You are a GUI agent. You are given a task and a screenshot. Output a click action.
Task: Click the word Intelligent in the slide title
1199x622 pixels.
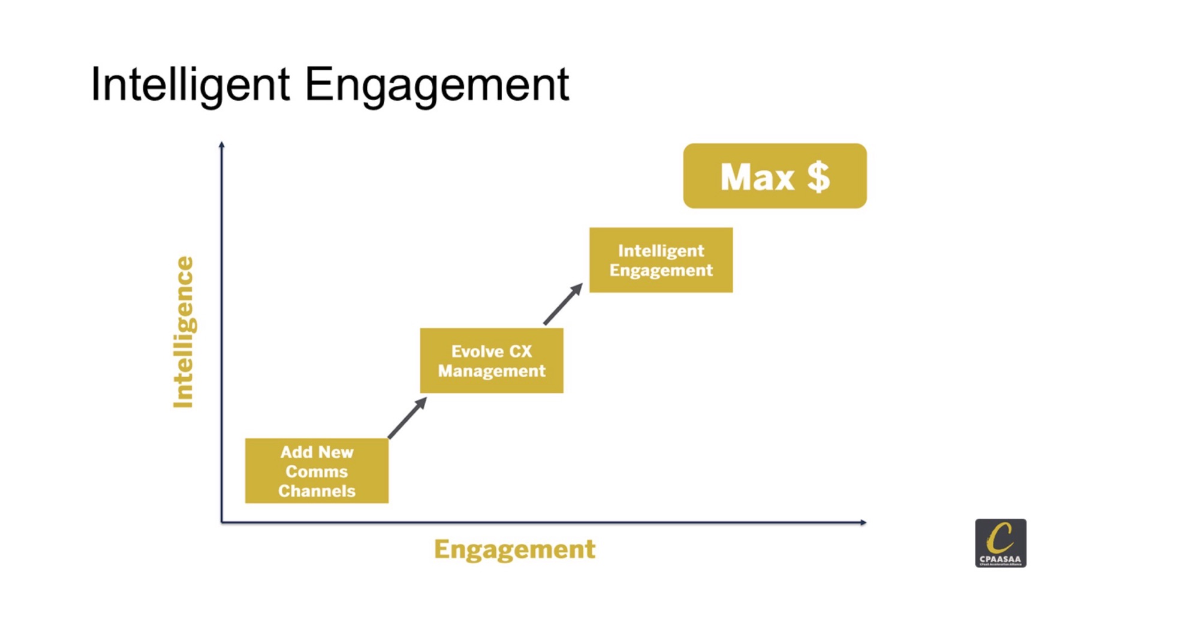click(x=191, y=86)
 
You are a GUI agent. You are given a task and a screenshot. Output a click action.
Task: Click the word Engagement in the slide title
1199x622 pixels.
click(x=437, y=86)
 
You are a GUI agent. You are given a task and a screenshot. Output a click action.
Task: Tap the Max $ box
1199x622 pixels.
click(x=775, y=176)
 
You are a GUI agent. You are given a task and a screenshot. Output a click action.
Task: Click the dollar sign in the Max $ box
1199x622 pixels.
click(x=818, y=177)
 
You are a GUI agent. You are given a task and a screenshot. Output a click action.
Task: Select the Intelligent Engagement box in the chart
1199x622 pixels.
click(x=661, y=260)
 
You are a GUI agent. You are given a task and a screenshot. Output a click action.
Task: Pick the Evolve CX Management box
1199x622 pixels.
click(x=492, y=360)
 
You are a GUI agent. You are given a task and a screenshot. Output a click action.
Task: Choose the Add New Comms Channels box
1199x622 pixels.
click(x=317, y=471)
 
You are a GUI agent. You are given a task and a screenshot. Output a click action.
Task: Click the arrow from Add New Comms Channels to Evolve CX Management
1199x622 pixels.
click(x=408, y=417)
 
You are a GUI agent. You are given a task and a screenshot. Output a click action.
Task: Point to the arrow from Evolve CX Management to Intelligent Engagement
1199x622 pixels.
click(x=563, y=304)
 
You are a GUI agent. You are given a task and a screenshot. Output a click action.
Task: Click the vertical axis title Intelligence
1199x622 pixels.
click(x=183, y=332)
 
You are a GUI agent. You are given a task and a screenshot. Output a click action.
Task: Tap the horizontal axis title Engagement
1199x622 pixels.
click(x=515, y=549)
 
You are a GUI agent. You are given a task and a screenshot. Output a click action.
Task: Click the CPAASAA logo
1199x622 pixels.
click(x=1001, y=543)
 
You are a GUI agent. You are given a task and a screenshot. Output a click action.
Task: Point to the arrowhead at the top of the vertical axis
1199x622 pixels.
click(x=222, y=145)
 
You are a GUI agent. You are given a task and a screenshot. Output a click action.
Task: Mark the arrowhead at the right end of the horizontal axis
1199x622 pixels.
click(x=863, y=522)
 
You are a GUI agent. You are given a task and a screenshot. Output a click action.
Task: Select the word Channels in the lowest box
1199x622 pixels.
click(x=317, y=491)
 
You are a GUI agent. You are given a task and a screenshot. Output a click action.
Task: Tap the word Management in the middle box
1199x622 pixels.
click(x=492, y=371)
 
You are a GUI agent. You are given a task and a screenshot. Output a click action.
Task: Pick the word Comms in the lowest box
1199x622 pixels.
click(x=317, y=471)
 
